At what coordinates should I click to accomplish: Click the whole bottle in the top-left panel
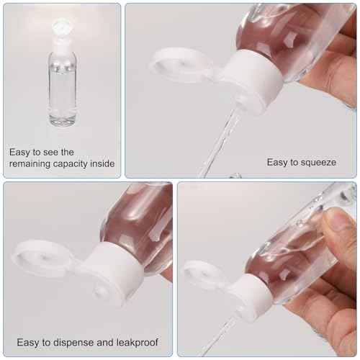[63, 79]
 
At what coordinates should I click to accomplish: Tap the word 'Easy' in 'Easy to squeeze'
[279, 163]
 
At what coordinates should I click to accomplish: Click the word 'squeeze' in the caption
[318, 163]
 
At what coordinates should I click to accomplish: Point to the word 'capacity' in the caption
[74, 165]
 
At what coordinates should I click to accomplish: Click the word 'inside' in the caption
[105, 165]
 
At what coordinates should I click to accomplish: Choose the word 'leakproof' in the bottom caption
[136, 343]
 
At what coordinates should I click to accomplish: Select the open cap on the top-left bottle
[62, 30]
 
